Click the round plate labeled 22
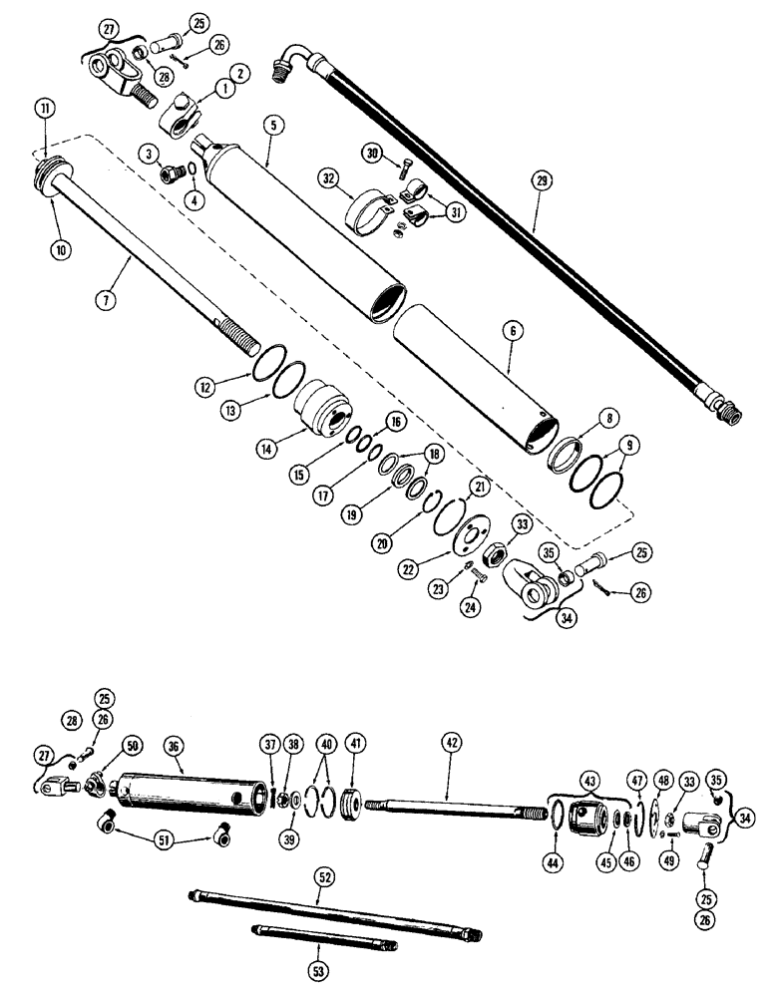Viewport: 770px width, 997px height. (464, 533)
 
